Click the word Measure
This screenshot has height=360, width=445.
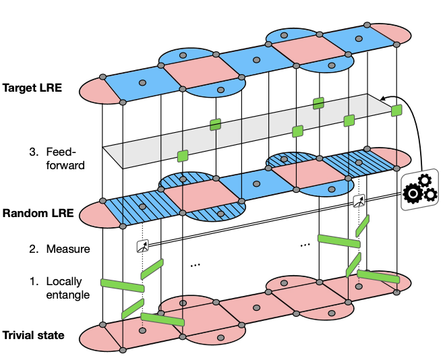67,249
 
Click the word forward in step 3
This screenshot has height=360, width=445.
66,164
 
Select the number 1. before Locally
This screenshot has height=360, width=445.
34,280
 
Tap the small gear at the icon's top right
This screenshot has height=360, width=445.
424,180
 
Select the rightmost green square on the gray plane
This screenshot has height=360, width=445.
396,109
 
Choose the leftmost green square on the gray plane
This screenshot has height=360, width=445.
182,156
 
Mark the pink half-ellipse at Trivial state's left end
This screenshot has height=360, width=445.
92,335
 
